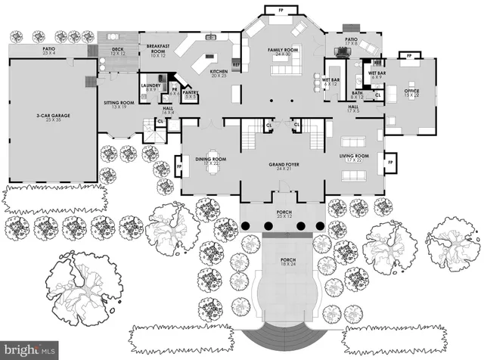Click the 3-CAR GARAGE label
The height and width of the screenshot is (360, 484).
click(x=52, y=118)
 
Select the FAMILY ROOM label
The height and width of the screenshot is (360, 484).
click(x=283, y=52)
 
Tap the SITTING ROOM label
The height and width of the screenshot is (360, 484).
click(x=118, y=105)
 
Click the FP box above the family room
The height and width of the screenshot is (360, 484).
click(x=272, y=10)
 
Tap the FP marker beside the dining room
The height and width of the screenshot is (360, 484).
click(x=179, y=161)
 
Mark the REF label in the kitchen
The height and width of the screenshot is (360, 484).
click(x=235, y=66)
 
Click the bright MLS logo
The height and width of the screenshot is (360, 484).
click(x=29, y=350)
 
